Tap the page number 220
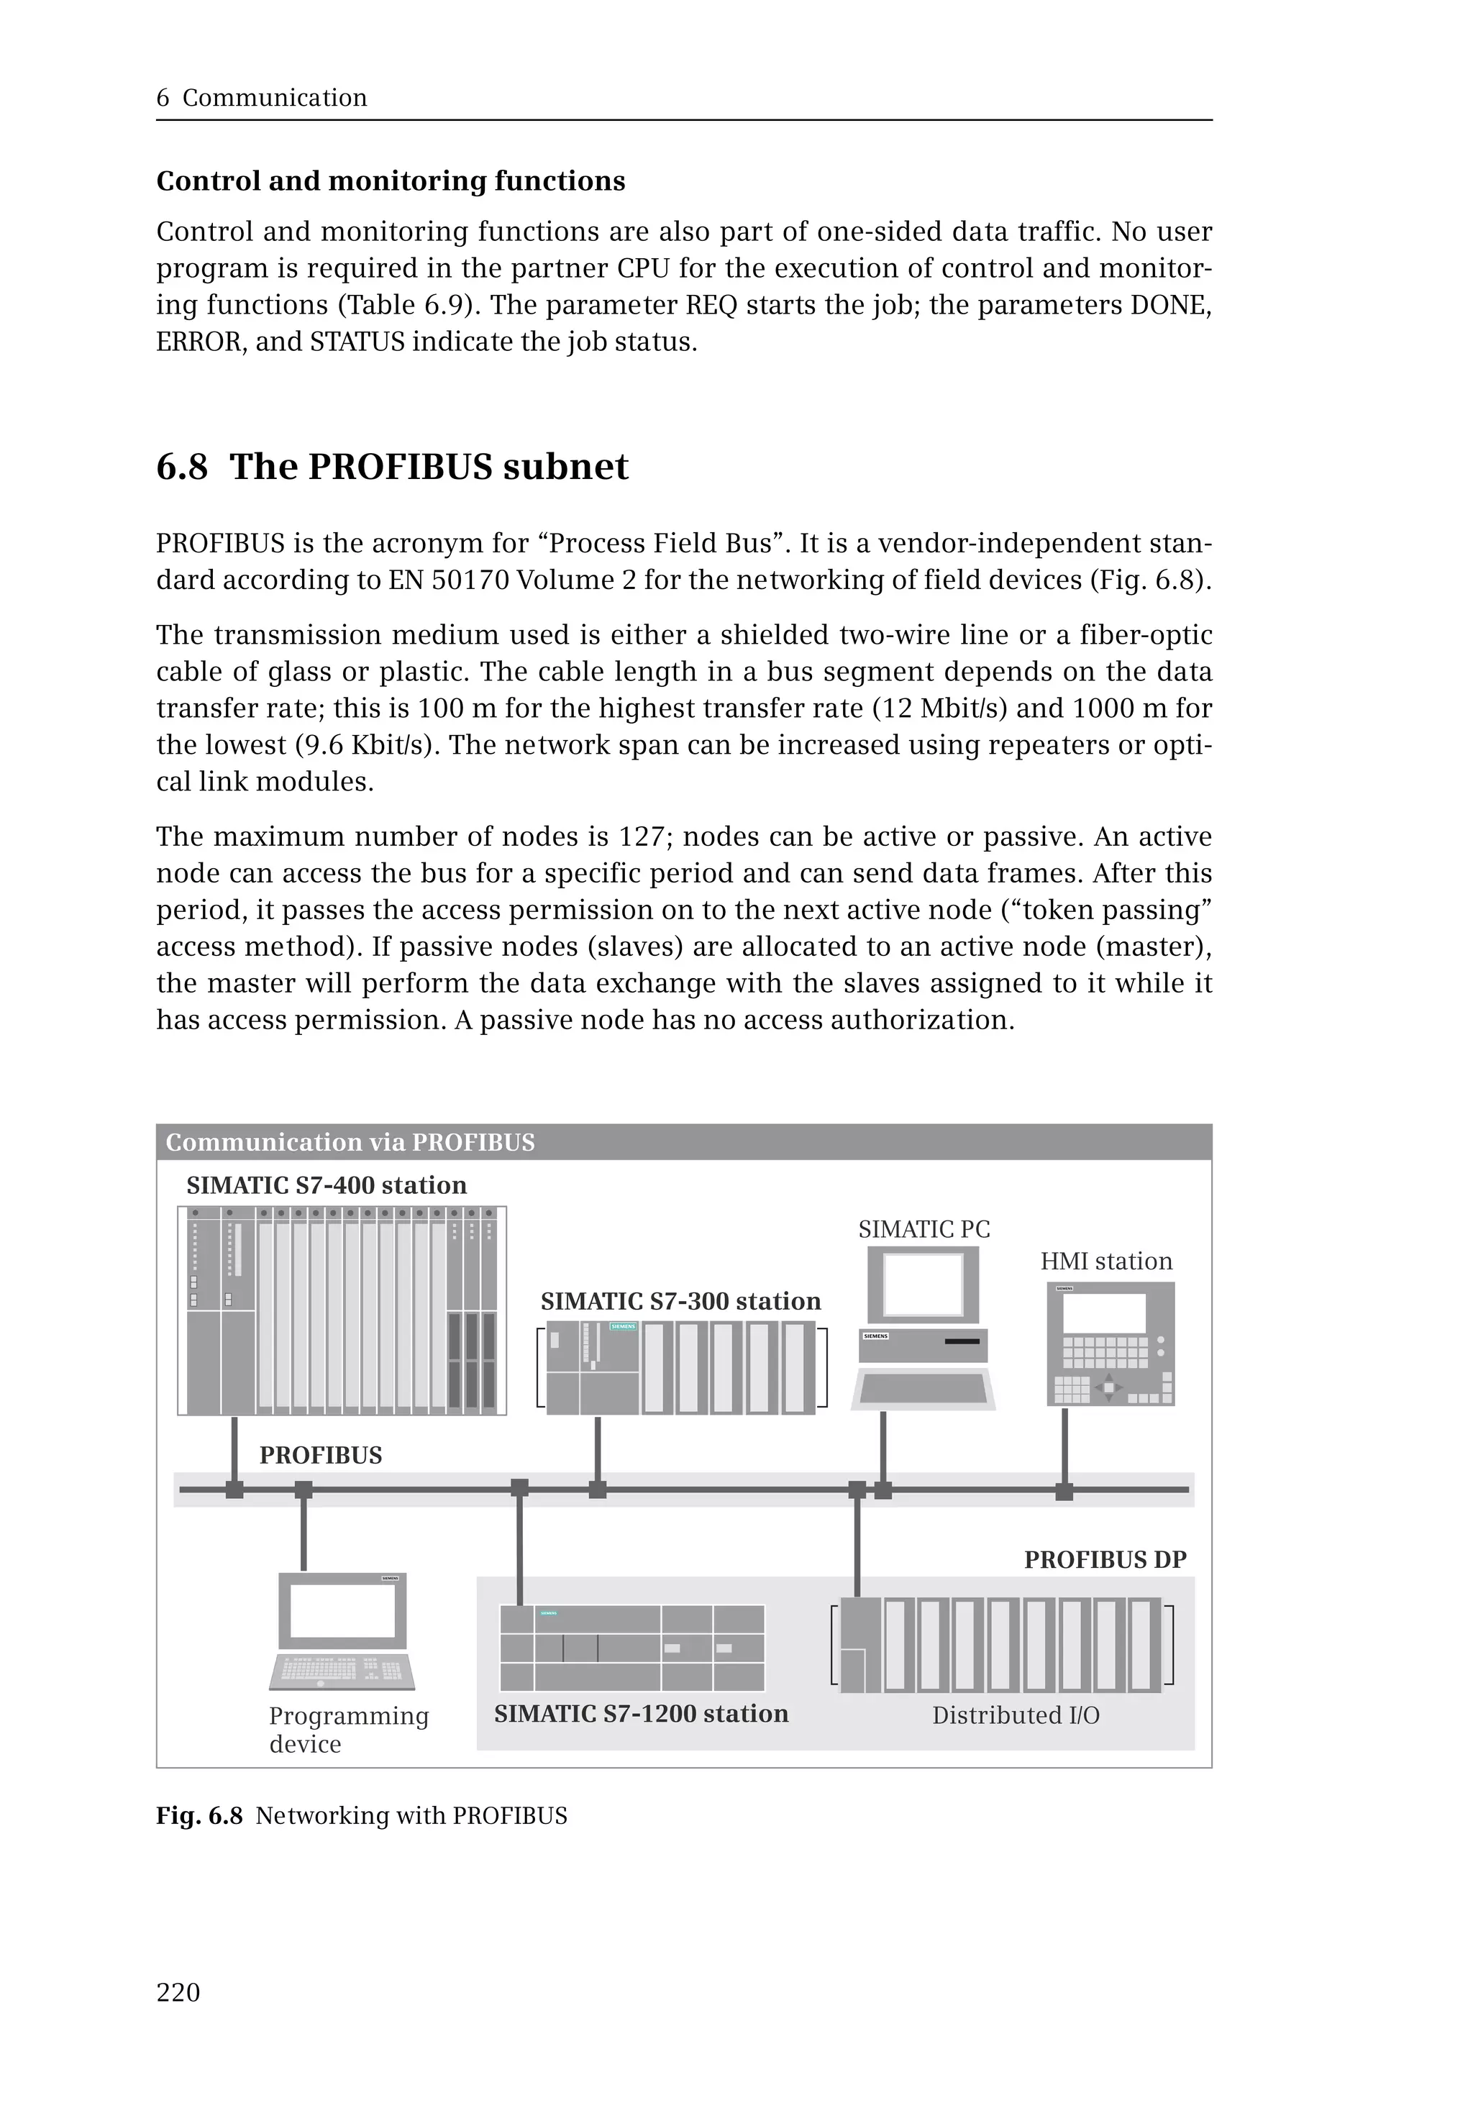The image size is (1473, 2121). (178, 1992)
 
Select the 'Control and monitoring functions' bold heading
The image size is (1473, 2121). (391, 181)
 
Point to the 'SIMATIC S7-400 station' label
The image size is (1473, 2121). (327, 1185)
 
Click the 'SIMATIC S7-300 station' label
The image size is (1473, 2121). (680, 1301)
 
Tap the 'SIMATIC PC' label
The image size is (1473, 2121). (924, 1229)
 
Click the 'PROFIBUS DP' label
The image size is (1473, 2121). (1105, 1560)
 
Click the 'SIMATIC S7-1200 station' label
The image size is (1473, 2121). (641, 1714)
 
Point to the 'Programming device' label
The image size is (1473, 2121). (348, 1729)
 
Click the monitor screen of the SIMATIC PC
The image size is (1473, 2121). (923, 1284)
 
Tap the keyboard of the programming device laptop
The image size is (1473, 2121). (342, 1669)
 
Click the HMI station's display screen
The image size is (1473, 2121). (1104, 1313)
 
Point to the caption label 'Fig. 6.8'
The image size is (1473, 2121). (199, 1815)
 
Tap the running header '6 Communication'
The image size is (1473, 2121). (261, 98)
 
